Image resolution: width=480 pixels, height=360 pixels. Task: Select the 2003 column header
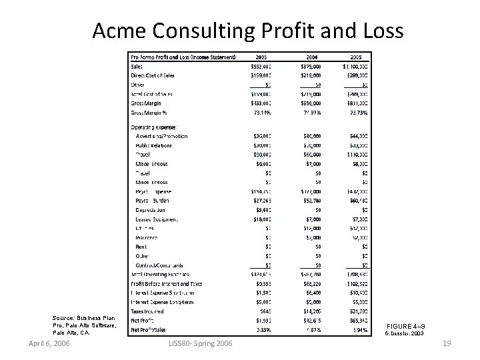coord(261,57)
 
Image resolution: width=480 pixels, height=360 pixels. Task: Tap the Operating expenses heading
coord(154,127)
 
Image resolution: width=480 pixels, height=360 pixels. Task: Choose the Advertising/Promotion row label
coord(161,136)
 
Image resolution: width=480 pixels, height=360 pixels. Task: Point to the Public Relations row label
coord(153,145)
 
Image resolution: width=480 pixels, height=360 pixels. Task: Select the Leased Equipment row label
coord(156,219)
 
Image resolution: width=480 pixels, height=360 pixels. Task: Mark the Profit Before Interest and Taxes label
coord(167,283)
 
